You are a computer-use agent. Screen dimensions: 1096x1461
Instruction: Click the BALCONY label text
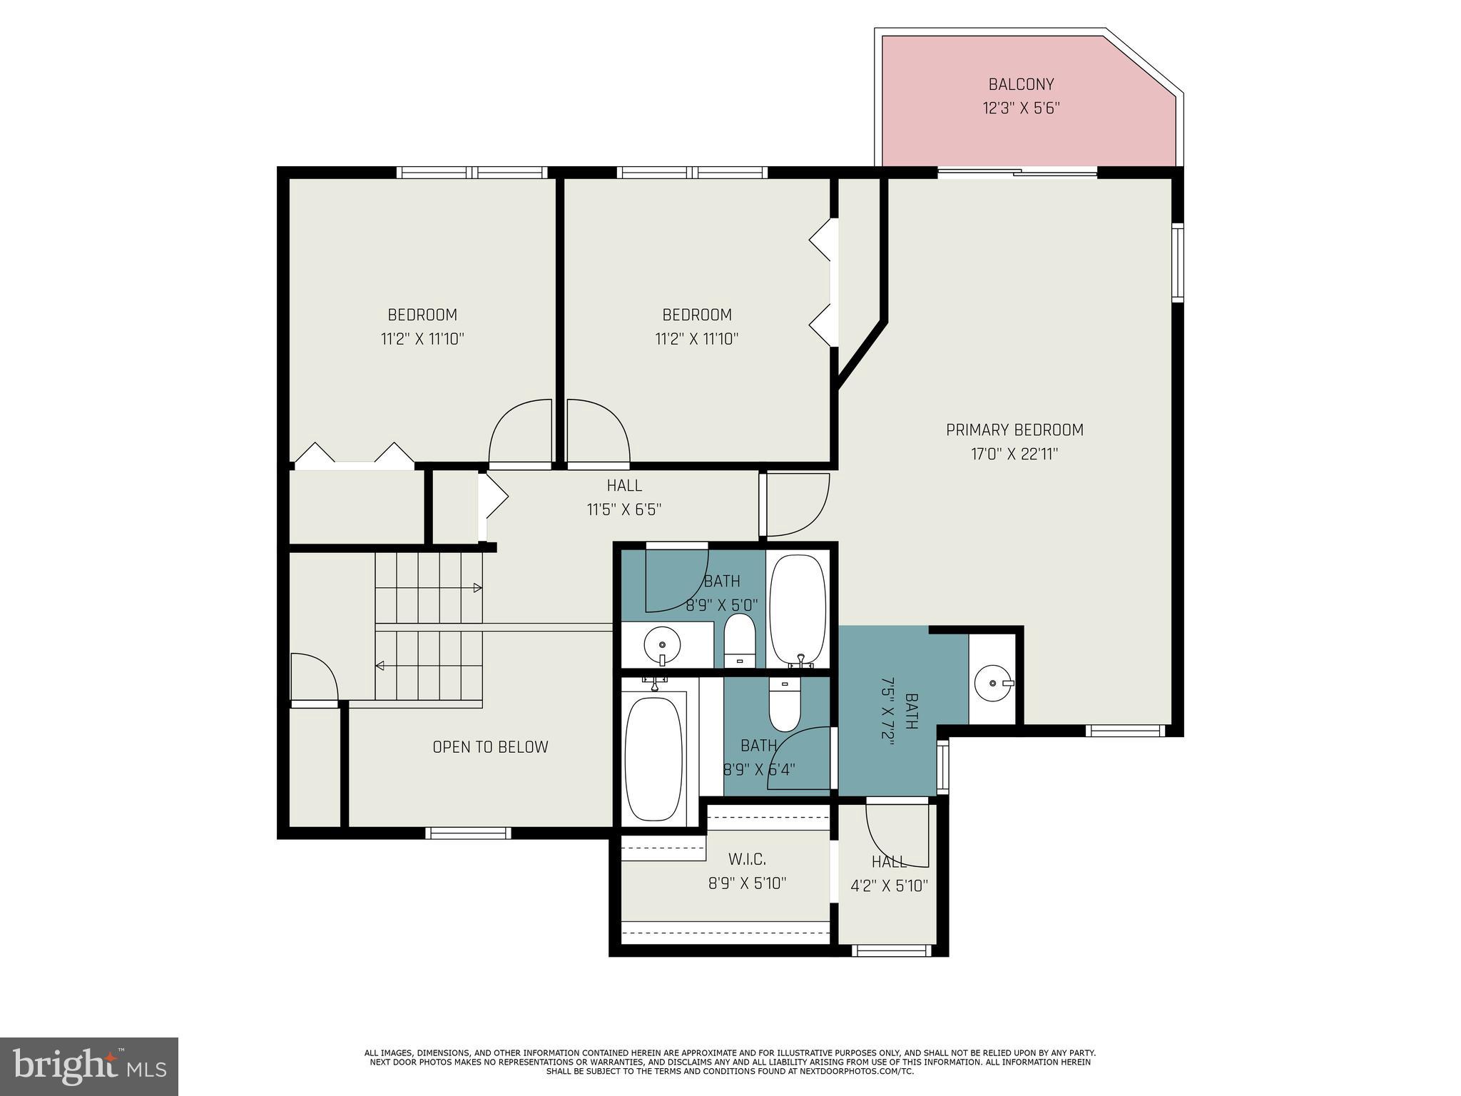point(1021,84)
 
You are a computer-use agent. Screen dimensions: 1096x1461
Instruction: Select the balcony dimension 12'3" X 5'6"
point(1021,108)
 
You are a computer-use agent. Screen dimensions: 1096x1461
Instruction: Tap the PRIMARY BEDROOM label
point(1014,430)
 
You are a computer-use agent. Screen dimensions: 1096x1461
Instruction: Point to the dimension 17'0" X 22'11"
point(1014,454)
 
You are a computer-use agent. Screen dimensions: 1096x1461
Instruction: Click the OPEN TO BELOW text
point(490,747)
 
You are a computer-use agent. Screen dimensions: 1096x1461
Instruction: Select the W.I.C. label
point(747,858)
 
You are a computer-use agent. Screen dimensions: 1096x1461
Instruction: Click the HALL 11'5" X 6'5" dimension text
point(624,509)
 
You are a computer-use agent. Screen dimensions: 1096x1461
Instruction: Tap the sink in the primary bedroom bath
point(993,683)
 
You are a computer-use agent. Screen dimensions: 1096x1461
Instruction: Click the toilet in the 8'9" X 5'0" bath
point(740,640)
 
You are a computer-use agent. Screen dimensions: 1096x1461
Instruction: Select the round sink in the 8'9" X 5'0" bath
point(661,646)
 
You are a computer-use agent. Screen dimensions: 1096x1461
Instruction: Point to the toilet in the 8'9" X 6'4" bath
point(785,704)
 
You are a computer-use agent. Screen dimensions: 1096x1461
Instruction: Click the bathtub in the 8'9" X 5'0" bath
point(798,610)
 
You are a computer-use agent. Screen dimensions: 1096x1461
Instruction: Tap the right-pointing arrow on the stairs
point(477,588)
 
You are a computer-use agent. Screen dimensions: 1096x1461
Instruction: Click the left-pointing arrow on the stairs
point(380,666)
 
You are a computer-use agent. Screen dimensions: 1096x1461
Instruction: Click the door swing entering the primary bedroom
point(795,504)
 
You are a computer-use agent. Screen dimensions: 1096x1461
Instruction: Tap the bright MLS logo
point(89,1067)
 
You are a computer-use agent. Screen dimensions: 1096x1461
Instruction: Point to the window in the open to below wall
point(468,833)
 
